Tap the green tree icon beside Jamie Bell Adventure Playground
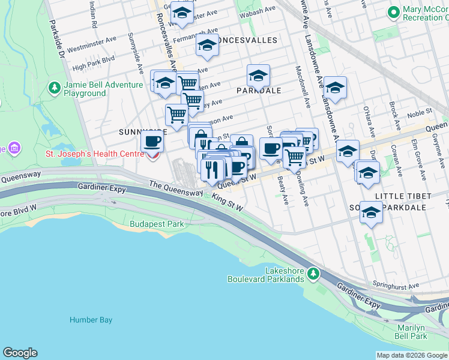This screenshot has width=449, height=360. [55, 89]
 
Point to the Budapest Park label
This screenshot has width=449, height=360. [157, 224]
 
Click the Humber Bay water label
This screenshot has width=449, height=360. [91, 320]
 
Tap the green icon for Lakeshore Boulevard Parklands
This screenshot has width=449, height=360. [312, 274]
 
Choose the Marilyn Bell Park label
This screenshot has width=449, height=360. [421, 332]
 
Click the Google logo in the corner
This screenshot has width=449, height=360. [20, 353]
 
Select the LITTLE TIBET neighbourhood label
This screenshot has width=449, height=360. [403, 196]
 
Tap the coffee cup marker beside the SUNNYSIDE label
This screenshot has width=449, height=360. [152, 142]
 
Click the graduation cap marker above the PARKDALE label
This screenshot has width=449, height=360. [258, 75]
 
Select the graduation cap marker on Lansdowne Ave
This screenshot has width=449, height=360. [335, 87]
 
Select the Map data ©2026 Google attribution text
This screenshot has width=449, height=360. [412, 355]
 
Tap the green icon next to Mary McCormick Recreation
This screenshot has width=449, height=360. [394, 12]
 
